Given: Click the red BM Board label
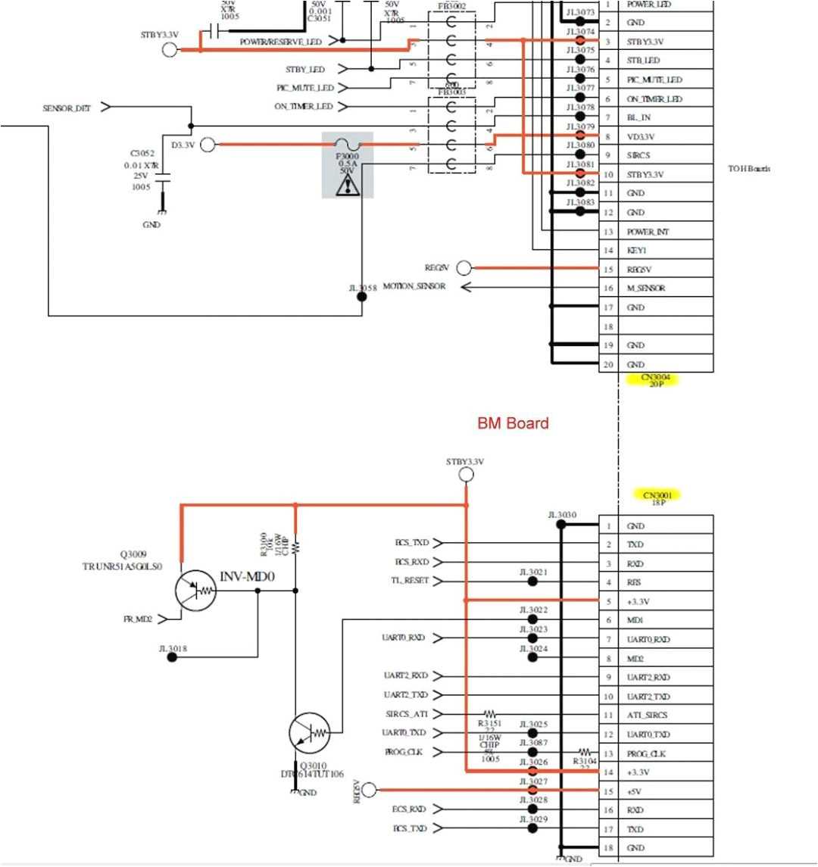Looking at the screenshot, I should click(x=513, y=423).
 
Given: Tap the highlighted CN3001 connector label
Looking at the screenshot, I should click(x=657, y=497).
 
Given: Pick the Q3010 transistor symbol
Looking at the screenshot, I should click(x=310, y=733).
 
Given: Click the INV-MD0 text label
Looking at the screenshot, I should click(x=247, y=577).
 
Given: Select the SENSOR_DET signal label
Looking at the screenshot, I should click(x=67, y=108).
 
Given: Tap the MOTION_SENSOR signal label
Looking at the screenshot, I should click(x=414, y=287).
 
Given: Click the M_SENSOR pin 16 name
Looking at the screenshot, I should click(x=646, y=288).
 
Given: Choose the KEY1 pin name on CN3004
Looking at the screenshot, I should click(x=637, y=251).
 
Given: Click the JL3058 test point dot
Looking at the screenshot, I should click(x=361, y=296).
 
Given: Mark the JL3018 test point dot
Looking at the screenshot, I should click(x=172, y=657).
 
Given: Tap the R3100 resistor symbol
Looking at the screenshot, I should click(x=295, y=545).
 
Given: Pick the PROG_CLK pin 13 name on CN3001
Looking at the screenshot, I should click(x=646, y=754).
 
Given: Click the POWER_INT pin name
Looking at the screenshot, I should click(x=648, y=232).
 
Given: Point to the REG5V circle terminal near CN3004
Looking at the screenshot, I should click(x=464, y=268).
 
